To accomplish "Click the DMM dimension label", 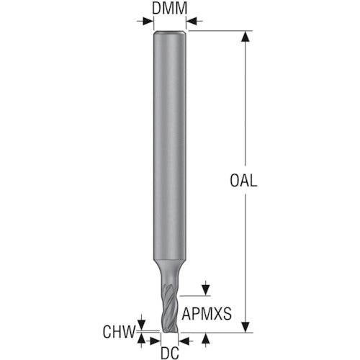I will tap(170, 9).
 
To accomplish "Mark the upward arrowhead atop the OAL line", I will tap(246, 36).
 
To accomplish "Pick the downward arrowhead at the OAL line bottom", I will tap(246, 327).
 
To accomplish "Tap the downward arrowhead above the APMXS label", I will tap(207, 290).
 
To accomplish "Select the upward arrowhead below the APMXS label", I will tap(207, 337).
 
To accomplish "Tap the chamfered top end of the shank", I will tap(170, 34).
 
